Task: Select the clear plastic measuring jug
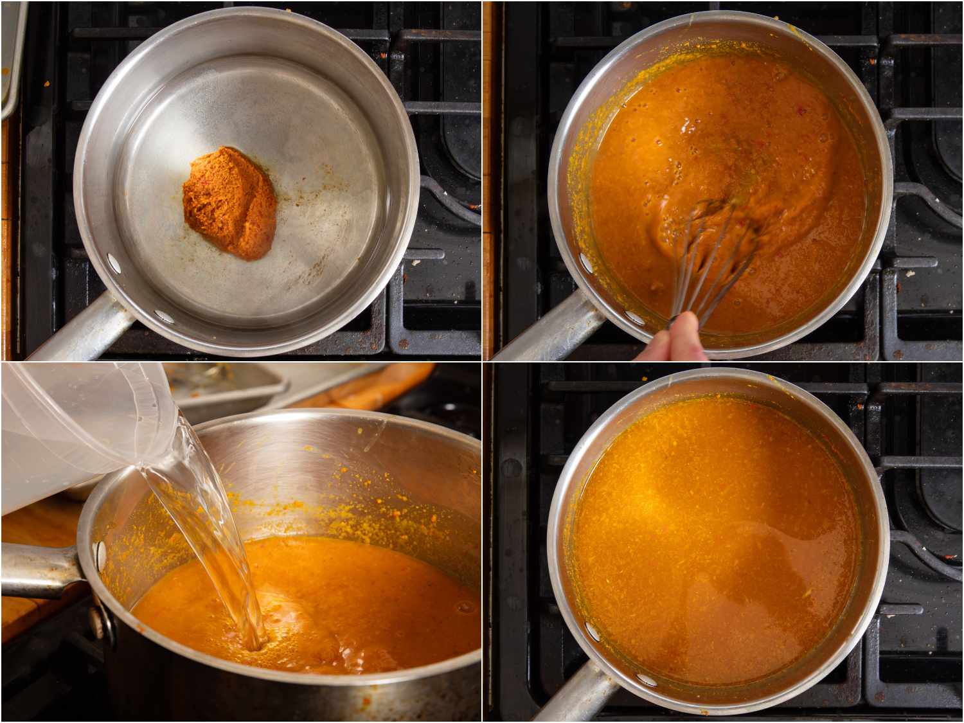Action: click(71, 424)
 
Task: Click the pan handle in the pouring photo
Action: click(39, 569)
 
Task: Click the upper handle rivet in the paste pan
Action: click(114, 262)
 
